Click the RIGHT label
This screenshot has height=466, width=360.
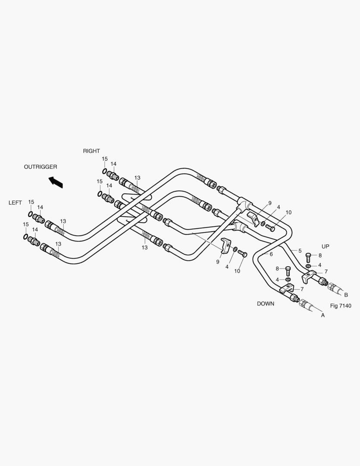pyautogui.click(x=91, y=151)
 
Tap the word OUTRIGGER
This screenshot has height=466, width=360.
pyautogui.click(x=41, y=167)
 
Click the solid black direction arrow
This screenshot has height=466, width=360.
pyautogui.click(x=56, y=182)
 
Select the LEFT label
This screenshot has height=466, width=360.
pyautogui.click(x=15, y=203)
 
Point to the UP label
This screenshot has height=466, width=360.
pyautogui.click(x=325, y=246)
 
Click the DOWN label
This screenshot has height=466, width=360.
pyautogui.click(x=266, y=304)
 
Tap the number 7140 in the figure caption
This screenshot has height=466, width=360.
pyautogui.click(x=345, y=306)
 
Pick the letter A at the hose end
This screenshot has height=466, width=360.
pyautogui.click(x=323, y=315)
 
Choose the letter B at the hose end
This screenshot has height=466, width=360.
pyautogui.click(x=346, y=295)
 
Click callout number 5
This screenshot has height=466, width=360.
pyautogui.click(x=300, y=251)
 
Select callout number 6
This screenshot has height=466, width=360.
pyautogui.click(x=271, y=255)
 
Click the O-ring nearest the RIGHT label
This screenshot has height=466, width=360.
pyautogui.click(x=104, y=171)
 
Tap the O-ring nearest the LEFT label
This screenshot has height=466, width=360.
pyautogui.click(x=31, y=214)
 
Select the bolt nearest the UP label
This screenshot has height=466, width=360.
pyautogui.click(x=308, y=257)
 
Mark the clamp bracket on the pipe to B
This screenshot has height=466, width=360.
pyautogui.click(x=309, y=276)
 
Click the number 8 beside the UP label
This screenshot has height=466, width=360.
pyautogui.click(x=320, y=255)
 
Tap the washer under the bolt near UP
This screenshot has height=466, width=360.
pyautogui.click(x=309, y=265)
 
